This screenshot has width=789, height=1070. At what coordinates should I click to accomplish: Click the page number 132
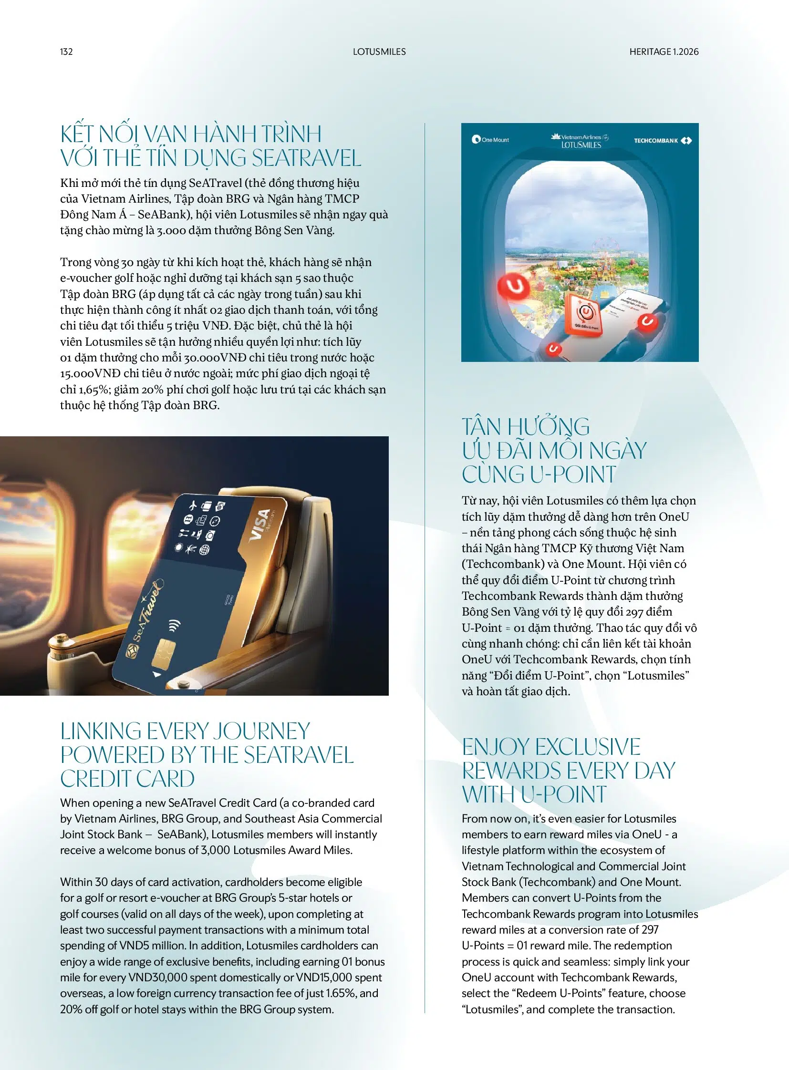66,51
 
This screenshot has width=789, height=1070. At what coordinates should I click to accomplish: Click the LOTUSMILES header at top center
379,51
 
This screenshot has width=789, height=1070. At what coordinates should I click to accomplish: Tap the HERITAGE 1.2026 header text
664,51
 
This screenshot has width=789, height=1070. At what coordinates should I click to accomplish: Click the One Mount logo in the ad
490,140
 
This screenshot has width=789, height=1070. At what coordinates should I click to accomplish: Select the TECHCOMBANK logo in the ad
662,140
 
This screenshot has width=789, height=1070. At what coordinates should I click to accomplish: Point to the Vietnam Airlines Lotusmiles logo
581,141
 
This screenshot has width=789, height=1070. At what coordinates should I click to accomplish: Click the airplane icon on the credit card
193,504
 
